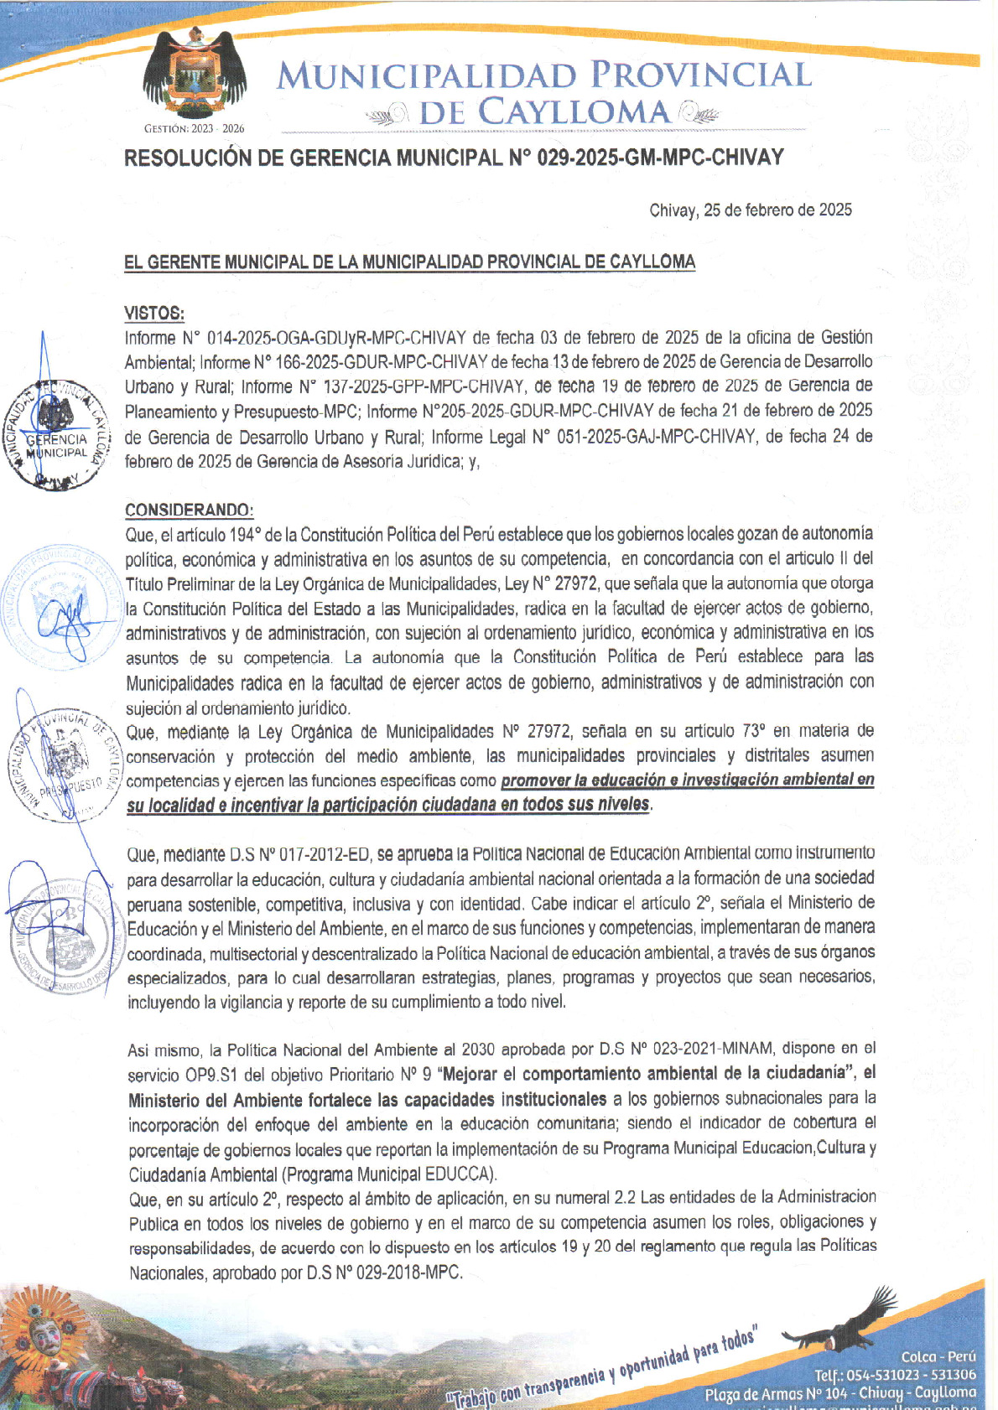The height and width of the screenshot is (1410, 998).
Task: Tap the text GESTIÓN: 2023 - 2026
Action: [194, 129]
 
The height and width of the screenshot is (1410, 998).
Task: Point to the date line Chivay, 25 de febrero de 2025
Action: [751, 210]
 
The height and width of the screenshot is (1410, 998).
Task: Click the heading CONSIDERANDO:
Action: [189, 511]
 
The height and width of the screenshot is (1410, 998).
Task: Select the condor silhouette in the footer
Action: [839, 1323]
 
